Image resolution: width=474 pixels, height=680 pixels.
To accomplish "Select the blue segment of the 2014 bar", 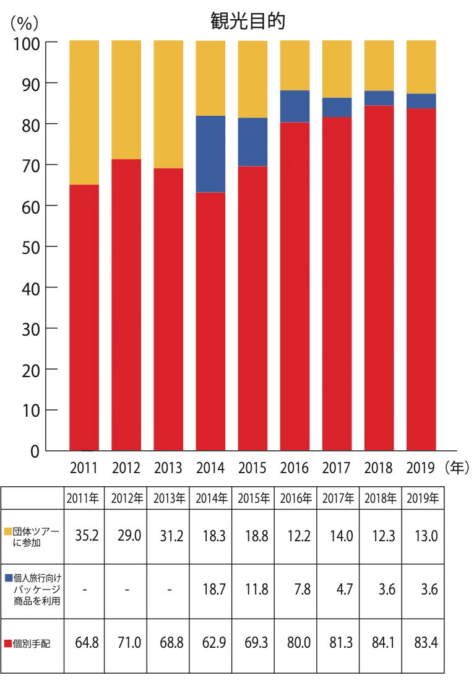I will pos(210,154).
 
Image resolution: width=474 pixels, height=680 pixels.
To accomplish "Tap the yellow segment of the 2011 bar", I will pos(84,112).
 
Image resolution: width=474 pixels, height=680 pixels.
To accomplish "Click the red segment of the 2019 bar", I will pos(421,279).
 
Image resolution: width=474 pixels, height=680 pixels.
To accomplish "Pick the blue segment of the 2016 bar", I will pos(295,107).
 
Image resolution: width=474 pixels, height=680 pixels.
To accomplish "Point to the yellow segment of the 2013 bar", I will pos(168,104).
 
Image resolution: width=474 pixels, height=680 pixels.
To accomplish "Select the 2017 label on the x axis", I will pos(337,468).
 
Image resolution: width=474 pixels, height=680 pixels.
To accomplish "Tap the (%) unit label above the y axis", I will pos(25,23).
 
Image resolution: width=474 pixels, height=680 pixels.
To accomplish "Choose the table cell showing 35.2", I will pos(84,536).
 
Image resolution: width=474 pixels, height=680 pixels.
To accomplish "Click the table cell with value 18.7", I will pos(210,589).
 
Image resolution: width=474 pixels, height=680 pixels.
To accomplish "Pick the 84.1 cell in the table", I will pos(379,643).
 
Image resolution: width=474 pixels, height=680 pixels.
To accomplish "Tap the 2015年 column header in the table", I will pos(252,498).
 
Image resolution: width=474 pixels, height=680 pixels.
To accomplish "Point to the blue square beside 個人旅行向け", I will pos(8,578).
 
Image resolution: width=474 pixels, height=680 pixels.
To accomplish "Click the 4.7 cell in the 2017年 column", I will pos(337,589).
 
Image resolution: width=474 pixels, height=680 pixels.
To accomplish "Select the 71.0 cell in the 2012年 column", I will pos(126,643).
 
